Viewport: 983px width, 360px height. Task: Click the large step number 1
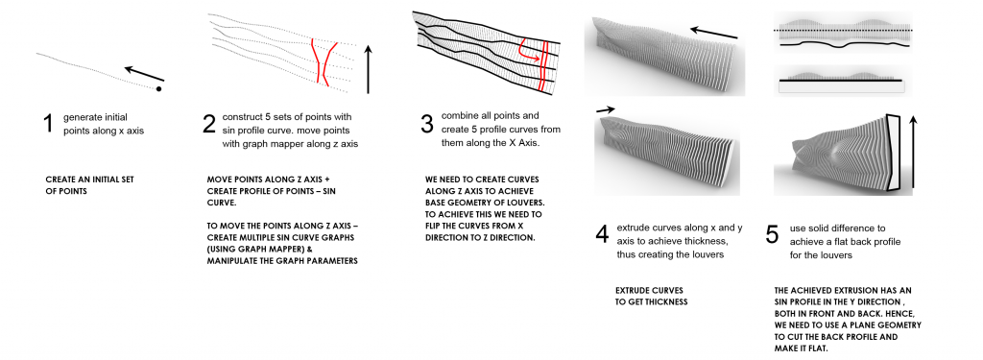coord(48,123)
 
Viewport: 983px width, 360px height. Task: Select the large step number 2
coord(209,124)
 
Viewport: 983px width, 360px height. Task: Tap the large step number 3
coord(427,124)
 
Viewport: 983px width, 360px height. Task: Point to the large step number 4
coord(602,234)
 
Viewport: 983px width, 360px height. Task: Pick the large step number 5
coord(773,234)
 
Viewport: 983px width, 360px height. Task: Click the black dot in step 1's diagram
coord(158,89)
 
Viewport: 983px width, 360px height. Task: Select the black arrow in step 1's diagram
coord(144,73)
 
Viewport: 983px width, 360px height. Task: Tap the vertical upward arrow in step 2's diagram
coord(368,69)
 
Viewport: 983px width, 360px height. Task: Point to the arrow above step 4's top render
coord(713,32)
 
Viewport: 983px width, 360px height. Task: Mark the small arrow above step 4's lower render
coord(606,109)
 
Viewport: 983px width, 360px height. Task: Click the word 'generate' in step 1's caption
coord(81,117)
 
